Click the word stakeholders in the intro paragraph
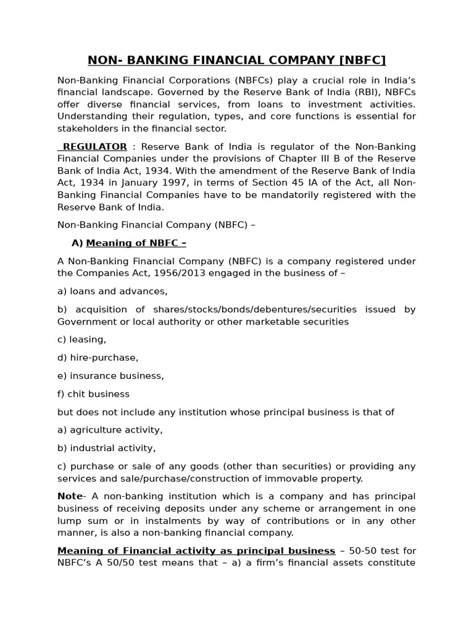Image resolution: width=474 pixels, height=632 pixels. pyautogui.click(x=87, y=128)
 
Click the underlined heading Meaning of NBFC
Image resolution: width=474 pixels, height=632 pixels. pyautogui.click(x=136, y=243)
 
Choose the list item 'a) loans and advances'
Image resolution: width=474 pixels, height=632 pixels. pyautogui.click(x=112, y=291)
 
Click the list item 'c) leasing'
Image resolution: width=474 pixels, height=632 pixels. pyautogui.click(x=82, y=339)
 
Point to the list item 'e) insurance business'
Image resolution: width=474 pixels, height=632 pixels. pyautogui.click(x=110, y=375)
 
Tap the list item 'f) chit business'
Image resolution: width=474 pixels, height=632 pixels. pyautogui.click(x=94, y=394)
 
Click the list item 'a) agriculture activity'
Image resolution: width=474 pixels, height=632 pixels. pyautogui.click(x=110, y=430)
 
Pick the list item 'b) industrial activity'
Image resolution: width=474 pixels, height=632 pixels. pyautogui.click(x=107, y=448)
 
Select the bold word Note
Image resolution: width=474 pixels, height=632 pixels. pyautogui.click(x=70, y=496)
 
